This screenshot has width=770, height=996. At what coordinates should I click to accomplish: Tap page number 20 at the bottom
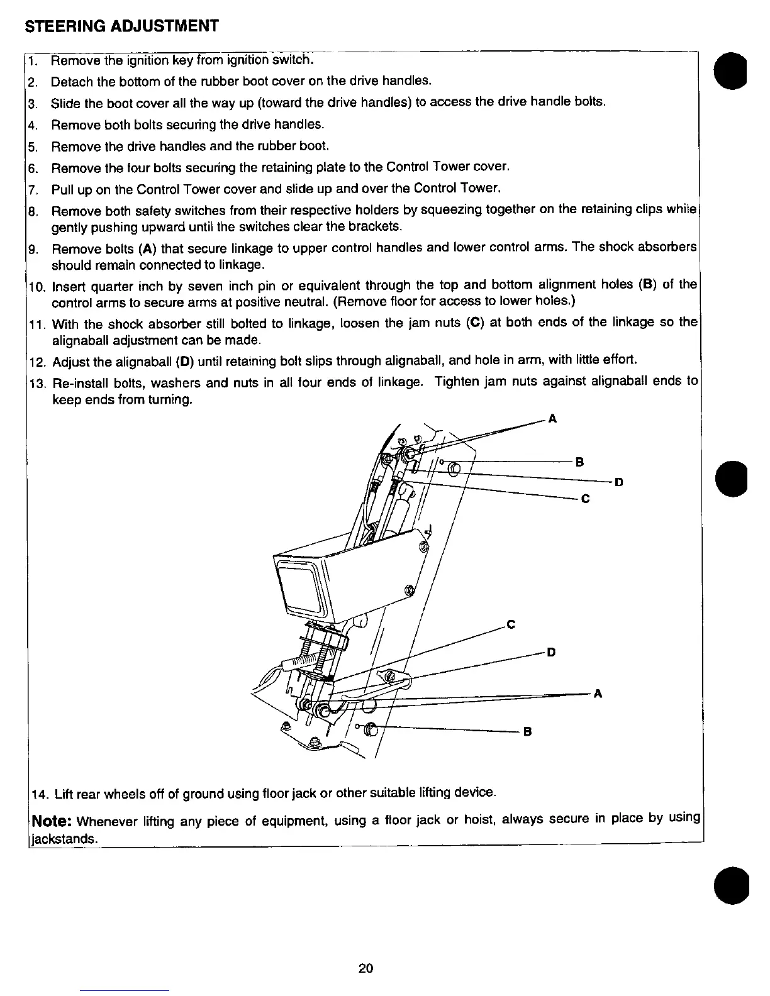(x=365, y=968)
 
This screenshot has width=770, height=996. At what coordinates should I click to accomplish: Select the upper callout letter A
(x=552, y=419)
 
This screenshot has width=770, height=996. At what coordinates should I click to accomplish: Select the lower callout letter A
(x=598, y=694)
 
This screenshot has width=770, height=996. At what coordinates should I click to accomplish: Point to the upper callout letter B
(x=580, y=462)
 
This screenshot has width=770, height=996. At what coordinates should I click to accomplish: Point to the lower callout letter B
(x=527, y=732)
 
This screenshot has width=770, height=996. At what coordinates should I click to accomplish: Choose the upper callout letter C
(x=584, y=499)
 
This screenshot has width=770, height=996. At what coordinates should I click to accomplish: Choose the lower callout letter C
(x=511, y=624)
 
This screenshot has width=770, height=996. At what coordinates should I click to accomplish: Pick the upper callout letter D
(x=619, y=482)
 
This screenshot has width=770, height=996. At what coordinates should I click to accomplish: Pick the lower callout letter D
(x=551, y=652)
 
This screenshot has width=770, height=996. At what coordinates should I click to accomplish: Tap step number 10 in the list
(x=36, y=287)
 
